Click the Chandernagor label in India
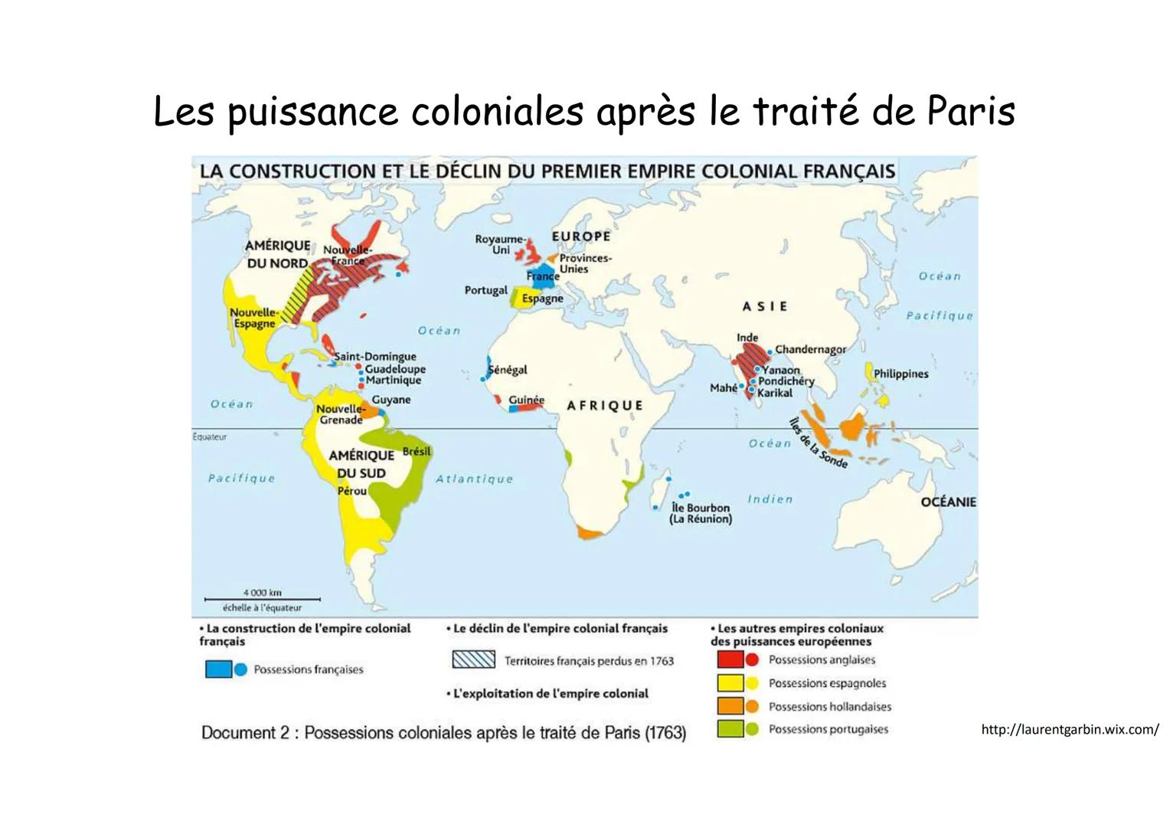point(810,349)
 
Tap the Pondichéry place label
point(786,381)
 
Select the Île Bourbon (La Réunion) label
point(700,513)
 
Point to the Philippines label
point(900,374)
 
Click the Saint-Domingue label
point(375,356)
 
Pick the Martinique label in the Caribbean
point(393,381)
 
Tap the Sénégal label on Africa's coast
point(508,370)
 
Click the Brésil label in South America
point(417,452)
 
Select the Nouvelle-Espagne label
point(253,318)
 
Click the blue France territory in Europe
point(537,279)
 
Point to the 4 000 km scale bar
point(262,599)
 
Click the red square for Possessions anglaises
point(730,659)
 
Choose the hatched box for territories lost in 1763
point(473,660)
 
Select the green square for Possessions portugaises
point(730,730)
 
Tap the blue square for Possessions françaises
point(218,669)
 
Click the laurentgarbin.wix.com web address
point(1070,730)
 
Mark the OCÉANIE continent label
point(948,502)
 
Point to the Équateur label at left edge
point(209,437)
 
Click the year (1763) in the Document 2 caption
point(665,733)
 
